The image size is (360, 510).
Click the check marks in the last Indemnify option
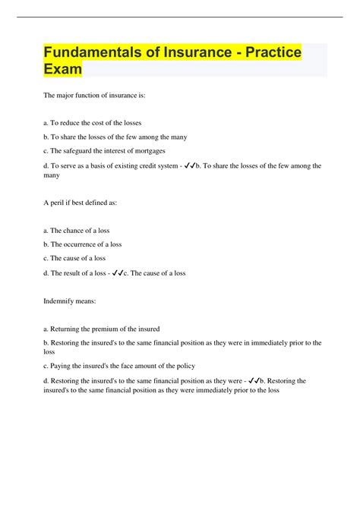coord(254,380)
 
